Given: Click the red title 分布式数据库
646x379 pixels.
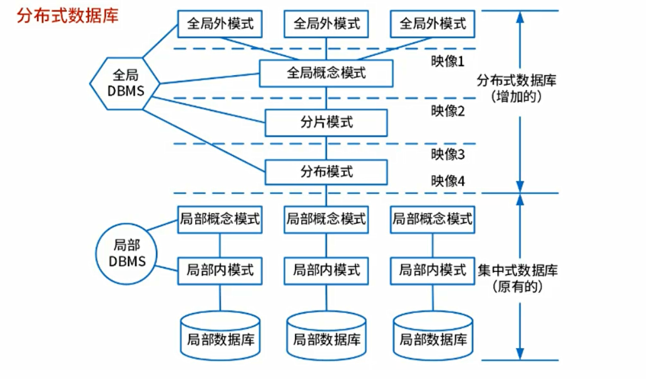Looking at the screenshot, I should (68, 15).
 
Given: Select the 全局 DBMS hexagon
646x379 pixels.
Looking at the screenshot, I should (125, 83).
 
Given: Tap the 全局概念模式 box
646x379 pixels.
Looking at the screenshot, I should (326, 73).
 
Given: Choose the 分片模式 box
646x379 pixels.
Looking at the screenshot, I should (326, 123).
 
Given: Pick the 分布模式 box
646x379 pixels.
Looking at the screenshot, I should (326, 172).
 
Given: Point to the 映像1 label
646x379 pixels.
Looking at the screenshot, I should (448, 61).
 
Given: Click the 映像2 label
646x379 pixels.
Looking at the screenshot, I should (448, 111).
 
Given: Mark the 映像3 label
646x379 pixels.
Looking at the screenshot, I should (448, 154).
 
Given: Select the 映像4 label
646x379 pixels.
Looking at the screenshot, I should (448, 181).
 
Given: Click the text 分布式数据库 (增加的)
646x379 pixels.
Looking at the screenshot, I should (517, 89).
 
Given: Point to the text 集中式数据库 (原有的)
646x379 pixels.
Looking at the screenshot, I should (518, 279).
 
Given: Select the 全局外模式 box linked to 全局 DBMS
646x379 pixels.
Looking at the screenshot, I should (220, 24).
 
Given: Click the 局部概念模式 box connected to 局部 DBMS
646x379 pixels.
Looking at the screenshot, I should (220, 220).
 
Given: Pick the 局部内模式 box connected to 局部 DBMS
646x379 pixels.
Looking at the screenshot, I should (220, 270).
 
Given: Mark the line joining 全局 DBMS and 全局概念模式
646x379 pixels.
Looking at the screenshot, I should (210, 78).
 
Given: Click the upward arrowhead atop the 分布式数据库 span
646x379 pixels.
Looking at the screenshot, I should (519, 18).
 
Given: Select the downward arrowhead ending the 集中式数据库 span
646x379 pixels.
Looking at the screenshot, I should (519, 353).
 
